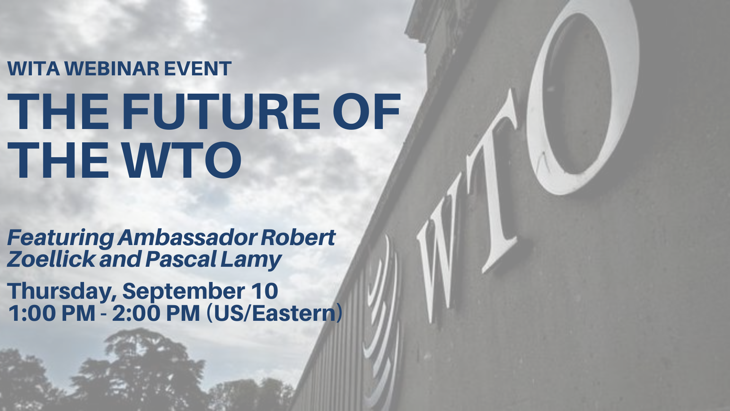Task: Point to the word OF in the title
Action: click(367, 112)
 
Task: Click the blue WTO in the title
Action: click(182, 160)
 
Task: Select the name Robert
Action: click(298, 237)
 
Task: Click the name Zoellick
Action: click(51, 260)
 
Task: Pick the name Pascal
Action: click(181, 260)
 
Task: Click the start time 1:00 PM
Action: click(51, 313)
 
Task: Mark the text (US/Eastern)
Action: click(274, 313)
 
